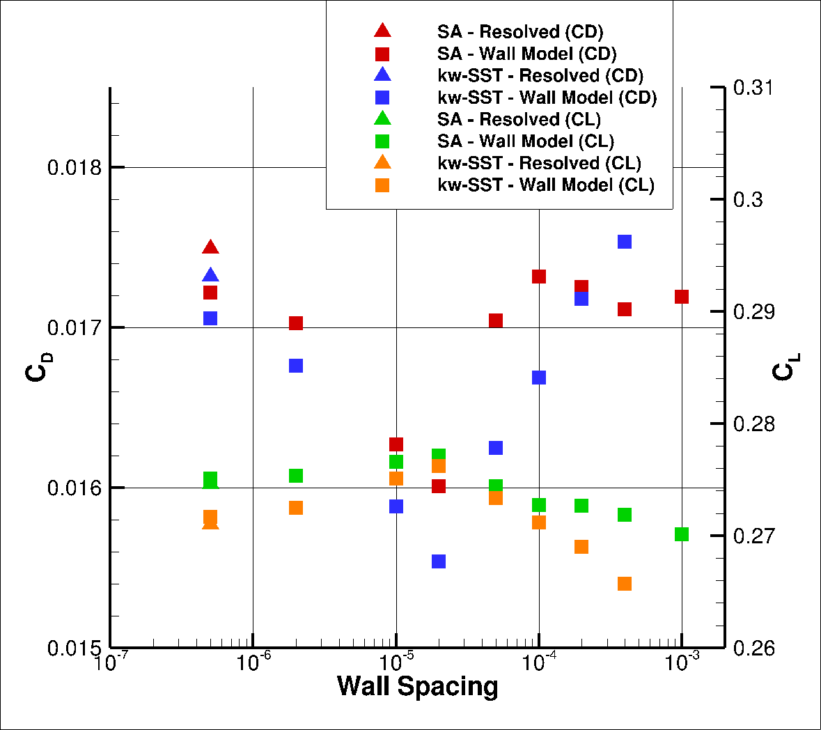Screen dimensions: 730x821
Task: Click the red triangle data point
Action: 210,248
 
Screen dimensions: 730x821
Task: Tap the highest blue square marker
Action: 625,242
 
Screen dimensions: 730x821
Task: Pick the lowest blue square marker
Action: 439,561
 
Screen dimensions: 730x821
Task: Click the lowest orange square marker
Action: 625,584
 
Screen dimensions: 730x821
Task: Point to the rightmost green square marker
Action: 682,534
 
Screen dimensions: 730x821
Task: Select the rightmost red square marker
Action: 682,297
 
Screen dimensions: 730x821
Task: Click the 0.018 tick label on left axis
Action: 74,168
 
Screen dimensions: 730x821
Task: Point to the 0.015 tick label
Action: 74,649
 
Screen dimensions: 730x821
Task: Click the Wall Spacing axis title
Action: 418,687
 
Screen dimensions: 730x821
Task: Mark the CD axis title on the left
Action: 38,367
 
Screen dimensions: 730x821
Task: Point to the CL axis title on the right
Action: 785,367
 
